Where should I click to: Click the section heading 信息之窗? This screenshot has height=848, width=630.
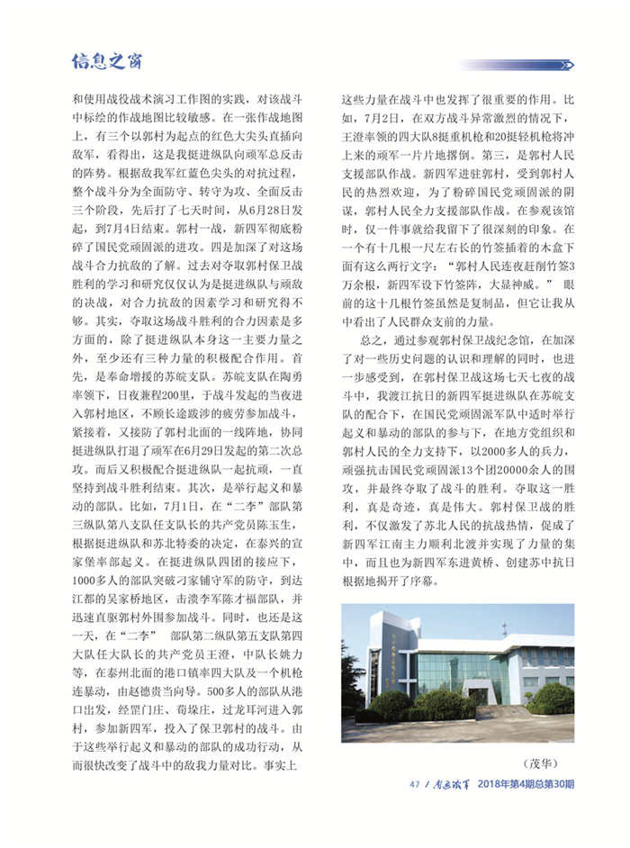point(106,62)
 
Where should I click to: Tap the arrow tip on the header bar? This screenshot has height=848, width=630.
point(569,65)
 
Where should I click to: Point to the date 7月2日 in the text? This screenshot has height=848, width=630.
point(380,118)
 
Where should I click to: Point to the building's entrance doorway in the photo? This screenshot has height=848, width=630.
point(476,695)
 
